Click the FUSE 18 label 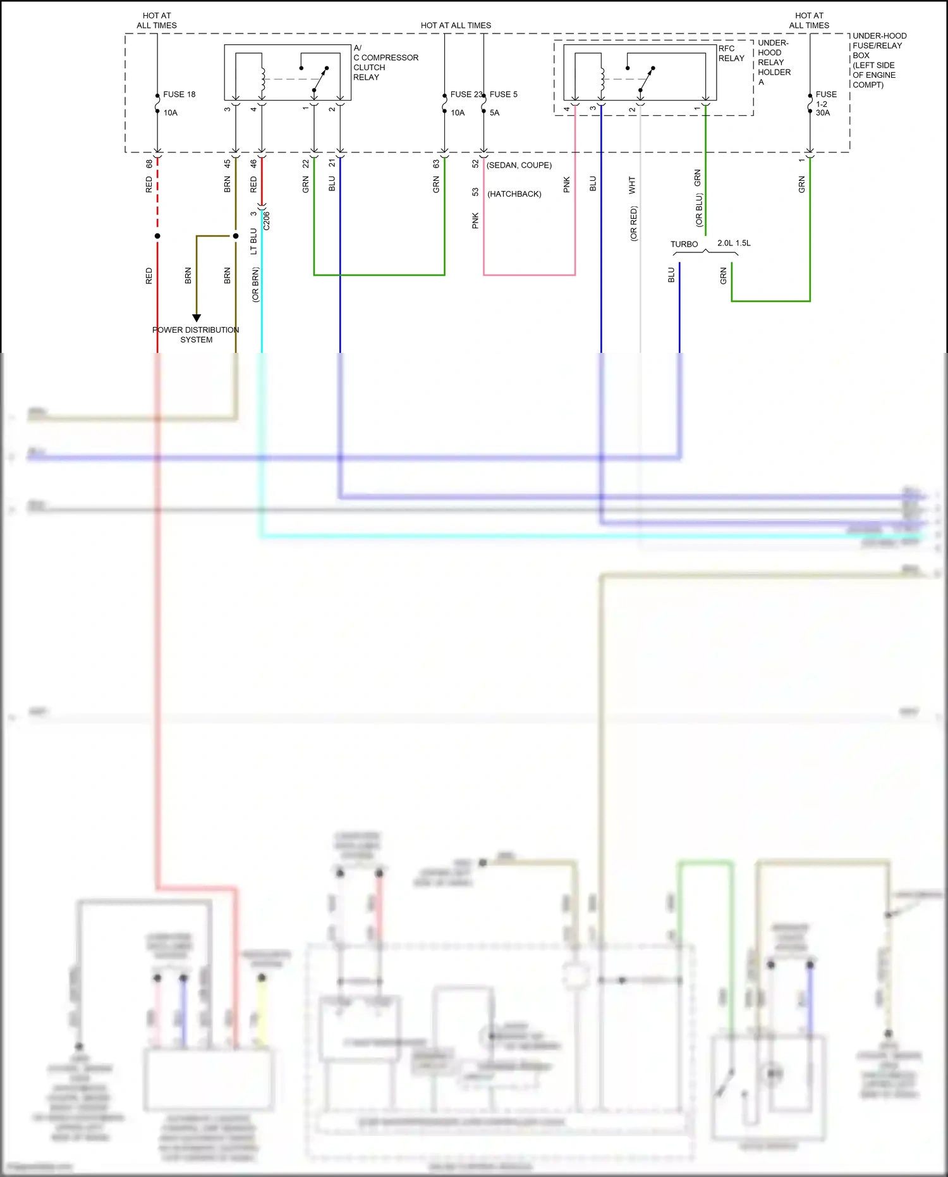179,94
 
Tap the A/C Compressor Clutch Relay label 385,63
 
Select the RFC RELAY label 731,53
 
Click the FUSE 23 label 466,94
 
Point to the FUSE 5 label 503,94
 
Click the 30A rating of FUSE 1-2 822,113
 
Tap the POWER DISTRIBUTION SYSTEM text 196,335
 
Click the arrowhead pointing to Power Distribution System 197,317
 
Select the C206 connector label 267,221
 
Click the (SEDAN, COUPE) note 519,165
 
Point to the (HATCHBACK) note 514,194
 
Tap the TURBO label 684,244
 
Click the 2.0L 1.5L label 734,243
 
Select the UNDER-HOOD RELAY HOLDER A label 774,63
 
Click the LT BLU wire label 253,242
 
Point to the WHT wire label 632,185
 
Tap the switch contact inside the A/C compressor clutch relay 320,78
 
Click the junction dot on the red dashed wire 157,236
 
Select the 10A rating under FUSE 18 170,113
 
